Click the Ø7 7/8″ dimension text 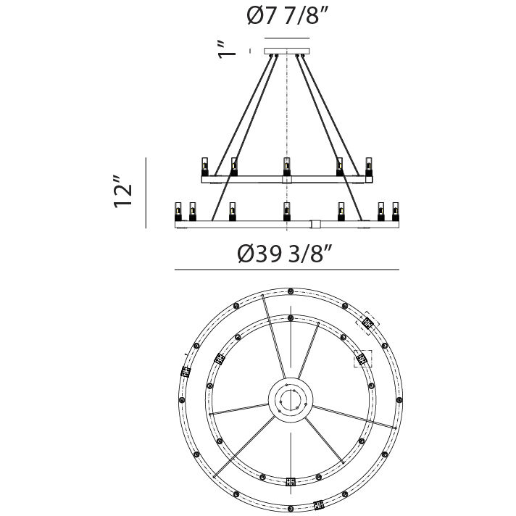click(289, 17)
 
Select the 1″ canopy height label click(228, 49)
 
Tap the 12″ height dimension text click(124, 192)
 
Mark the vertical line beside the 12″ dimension click(146, 192)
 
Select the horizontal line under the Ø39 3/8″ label click(287, 270)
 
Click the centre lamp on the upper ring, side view click(287, 166)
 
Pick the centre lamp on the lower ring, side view click(287, 211)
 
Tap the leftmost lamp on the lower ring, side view click(178, 212)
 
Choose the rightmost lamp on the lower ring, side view click(396, 212)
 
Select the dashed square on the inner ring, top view click(362, 359)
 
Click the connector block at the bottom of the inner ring click(291, 481)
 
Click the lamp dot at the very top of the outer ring click(291, 290)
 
